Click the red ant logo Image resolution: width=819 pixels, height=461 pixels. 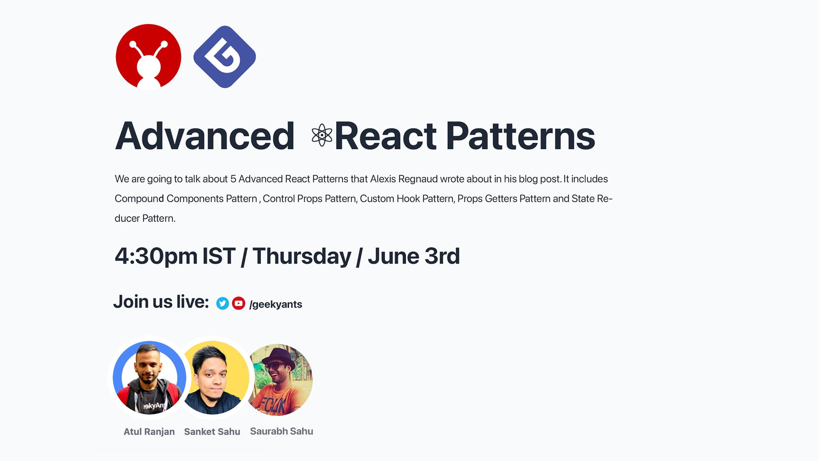coord(148,57)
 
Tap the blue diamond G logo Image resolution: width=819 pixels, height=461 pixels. coord(224,57)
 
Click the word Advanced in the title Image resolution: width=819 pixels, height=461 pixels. coord(205,136)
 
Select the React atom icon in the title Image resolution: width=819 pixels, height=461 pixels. coord(322,135)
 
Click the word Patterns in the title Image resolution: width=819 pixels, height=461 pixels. coord(520,136)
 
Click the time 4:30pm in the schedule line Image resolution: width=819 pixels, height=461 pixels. coord(156,256)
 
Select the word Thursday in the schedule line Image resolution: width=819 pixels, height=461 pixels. coord(302,256)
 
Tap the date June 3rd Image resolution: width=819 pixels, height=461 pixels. coord(414,256)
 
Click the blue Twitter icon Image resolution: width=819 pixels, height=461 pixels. coord(222,303)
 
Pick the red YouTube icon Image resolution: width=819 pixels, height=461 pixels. coord(238,303)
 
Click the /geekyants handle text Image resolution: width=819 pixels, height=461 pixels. coord(276,304)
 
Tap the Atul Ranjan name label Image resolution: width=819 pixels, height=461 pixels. coord(149,432)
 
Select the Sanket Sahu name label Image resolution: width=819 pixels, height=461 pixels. coord(212,432)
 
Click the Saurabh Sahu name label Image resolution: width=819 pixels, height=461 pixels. coord(282,431)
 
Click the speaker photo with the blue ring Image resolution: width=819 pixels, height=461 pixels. coord(149,377)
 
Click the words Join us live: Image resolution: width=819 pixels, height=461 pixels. coord(161,302)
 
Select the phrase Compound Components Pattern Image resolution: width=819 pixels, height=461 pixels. coord(186,198)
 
